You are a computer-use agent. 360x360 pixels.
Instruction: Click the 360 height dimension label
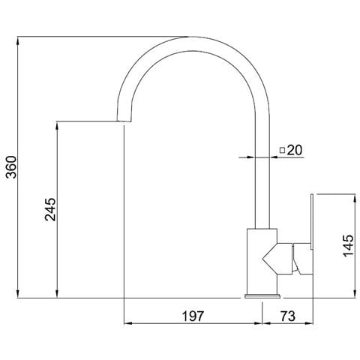point(11,167)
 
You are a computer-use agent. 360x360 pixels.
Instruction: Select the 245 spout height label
point(50,209)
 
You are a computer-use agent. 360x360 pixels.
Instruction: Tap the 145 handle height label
point(349,245)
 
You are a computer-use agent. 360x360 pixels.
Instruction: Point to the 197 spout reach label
point(193,316)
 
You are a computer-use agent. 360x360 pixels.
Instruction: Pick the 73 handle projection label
point(287,316)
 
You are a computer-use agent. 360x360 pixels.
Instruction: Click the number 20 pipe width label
point(295,150)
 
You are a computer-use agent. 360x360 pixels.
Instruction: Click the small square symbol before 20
point(282,150)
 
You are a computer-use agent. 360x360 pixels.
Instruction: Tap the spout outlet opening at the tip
point(124,121)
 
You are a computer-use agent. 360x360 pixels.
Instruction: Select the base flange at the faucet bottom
point(262,296)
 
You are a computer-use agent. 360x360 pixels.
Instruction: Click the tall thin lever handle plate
point(312,221)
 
